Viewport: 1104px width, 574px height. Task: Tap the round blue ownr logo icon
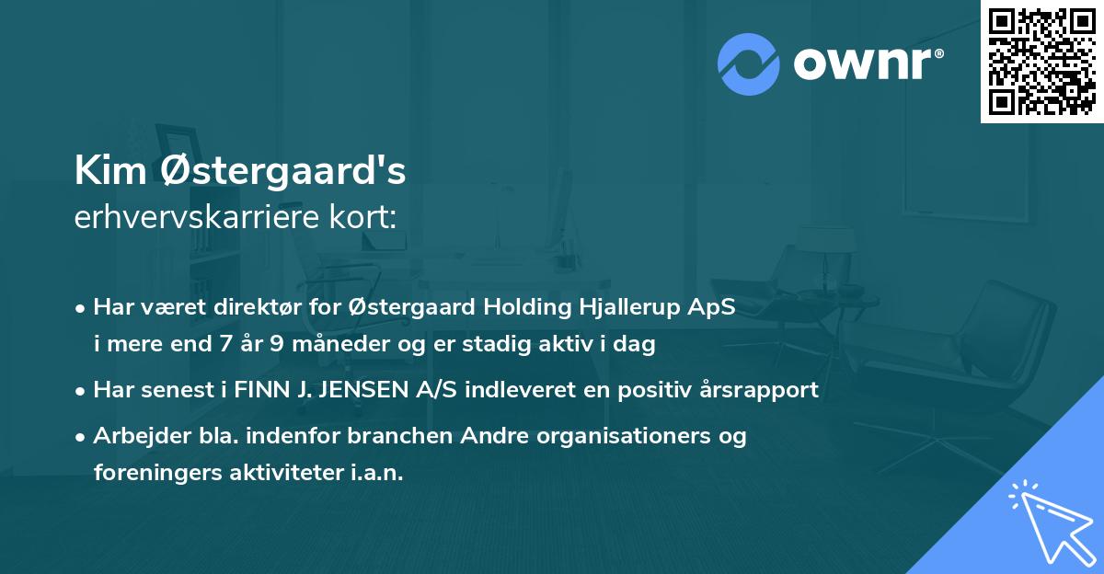(749, 63)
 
